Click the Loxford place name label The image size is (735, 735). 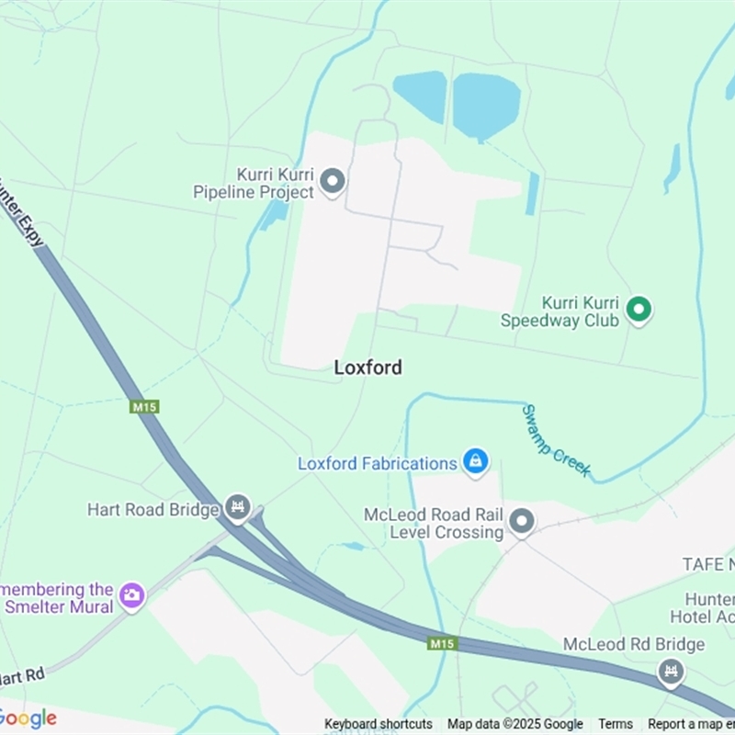point(367,367)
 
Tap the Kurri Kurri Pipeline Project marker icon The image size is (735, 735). point(332,181)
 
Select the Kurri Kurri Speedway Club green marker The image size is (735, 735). point(639,310)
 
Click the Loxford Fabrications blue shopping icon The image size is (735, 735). point(475,461)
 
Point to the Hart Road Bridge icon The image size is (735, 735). point(238,507)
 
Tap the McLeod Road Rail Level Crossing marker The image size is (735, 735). point(522,522)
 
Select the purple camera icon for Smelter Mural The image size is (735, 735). point(132,595)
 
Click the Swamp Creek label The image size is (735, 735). point(556,441)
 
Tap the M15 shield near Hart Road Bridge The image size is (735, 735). point(144,406)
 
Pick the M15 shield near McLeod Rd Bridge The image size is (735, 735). point(442,643)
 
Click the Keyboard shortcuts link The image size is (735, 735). point(378,724)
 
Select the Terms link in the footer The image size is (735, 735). point(616,724)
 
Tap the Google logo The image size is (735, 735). point(28,718)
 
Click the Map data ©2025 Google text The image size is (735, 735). point(514,724)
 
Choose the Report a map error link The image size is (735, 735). point(691,724)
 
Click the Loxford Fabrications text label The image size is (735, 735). point(377,464)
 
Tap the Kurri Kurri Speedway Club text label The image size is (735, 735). point(560,311)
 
